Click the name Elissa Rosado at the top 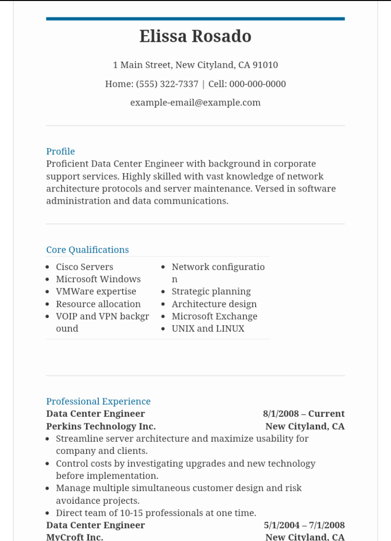195,37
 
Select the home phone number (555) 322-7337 167,84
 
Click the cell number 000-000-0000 258,84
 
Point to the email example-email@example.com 195,103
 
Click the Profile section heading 61,151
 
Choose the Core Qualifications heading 88,250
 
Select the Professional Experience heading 98,401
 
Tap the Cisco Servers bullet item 85,267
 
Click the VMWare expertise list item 96,291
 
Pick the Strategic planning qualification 211,291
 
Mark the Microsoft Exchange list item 214,316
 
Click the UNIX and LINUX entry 208,329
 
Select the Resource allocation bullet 98,304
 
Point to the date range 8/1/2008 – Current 304,414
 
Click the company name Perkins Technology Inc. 101,426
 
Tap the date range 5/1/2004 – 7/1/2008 304,525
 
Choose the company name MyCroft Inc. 75,537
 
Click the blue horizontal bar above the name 195,19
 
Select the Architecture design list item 214,304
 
